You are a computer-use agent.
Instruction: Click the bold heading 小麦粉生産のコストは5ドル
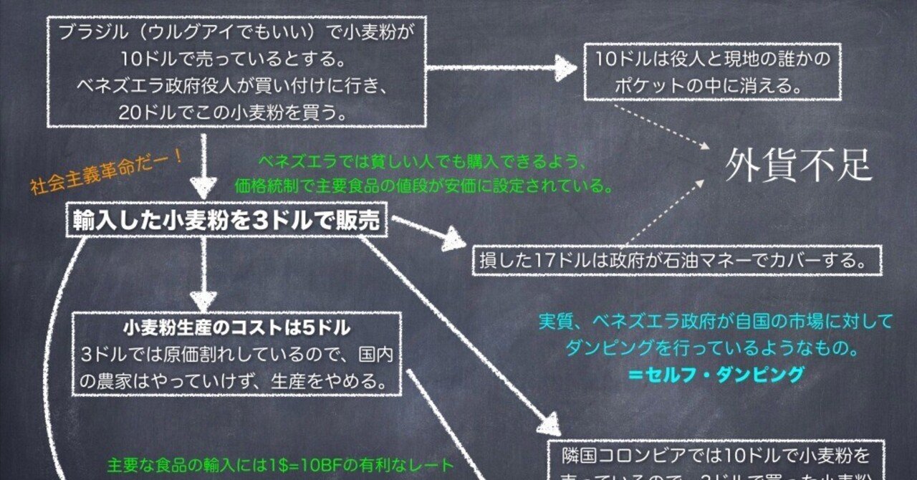(x=236, y=329)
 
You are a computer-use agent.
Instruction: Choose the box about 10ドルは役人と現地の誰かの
(x=712, y=72)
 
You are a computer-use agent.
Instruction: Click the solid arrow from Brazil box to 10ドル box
(x=501, y=69)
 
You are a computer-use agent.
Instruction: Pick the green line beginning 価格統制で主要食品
(x=425, y=186)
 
